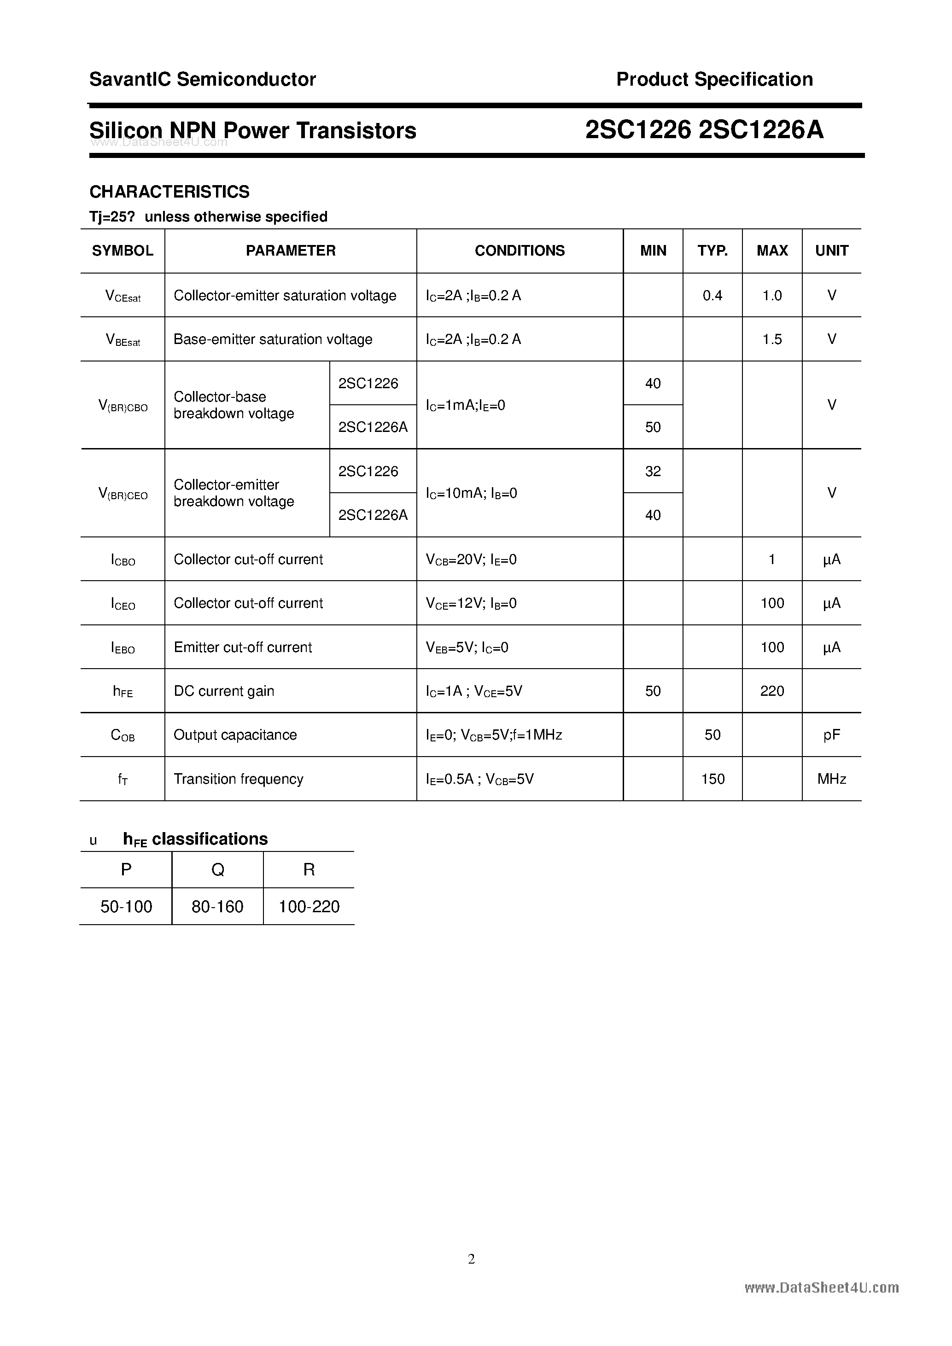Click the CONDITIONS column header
pyautogui.click(x=520, y=251)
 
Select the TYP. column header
pyautogui.click(x=712, y=251)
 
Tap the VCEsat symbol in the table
pyautogui.click(x=123, y=296)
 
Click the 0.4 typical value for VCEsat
pyautogui.click(x=712, y=296)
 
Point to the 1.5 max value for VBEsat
pyautogui.click(x=772, y=339)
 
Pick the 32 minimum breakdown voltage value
pyautogui.click(x=653, y=472)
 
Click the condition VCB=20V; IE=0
pyautogui.click(x=471, y=560)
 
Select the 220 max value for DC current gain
pyautogui.click(x=772, y=691)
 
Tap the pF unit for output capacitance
pyautogui.click(x=831, y=735)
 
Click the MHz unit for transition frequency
pyautogui.click(x=831, y=779)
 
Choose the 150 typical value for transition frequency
pyautogui.click(x=712, y=779)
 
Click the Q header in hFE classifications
pyautogui.click(x=217, y=870)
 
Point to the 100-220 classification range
pyautogui.click(x=309, y=907)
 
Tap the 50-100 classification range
pyautogui.click(x=126, y=907)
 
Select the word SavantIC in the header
pyautogui.click(x=130, y=79)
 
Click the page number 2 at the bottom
pyautogui.click(x=471, y=1259)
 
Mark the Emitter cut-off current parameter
pyautogui.click(x=243, y=647)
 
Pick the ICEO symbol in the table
pyautogui.click(x=123, y=604)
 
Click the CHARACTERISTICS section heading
pyautogui.click(x=169, y=192)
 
